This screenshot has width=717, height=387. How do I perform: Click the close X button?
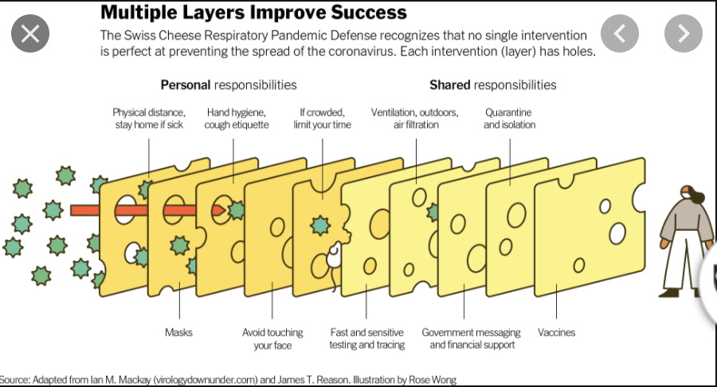pyautogui.click(x=30, y=34)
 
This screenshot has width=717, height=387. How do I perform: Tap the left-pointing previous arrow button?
pyautogui.click(x=621, y=33)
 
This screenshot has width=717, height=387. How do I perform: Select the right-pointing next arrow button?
pyautogui.click(x=684, y=33)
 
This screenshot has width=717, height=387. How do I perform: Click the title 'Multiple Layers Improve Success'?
pyautogui.click(x=253, y=13)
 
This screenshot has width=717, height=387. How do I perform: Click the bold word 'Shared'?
pyautogui.click(x=450, y=85)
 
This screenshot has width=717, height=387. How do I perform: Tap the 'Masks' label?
pyautogui.click(x=179, y=332)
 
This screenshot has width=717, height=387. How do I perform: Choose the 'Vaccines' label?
pyautogui.click(x=556, y=332)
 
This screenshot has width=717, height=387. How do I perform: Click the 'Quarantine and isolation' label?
pyautogui.click(x=509, y=119)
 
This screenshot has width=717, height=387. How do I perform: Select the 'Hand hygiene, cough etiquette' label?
pyautogui.click(x=237, y=119)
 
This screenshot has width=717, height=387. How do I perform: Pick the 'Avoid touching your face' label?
pyautogui.click(x=272, y=338)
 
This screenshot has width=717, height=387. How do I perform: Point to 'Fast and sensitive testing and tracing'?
pyautogui.click(x=367, y=338)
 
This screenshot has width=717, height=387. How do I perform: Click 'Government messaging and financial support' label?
pyautogui.click(x=471, y=338)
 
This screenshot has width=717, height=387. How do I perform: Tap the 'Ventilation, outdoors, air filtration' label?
pyautogui.click(x=415, y=119)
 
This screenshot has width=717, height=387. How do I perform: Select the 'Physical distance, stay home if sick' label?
pyautogui.click(x=149, y=119)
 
